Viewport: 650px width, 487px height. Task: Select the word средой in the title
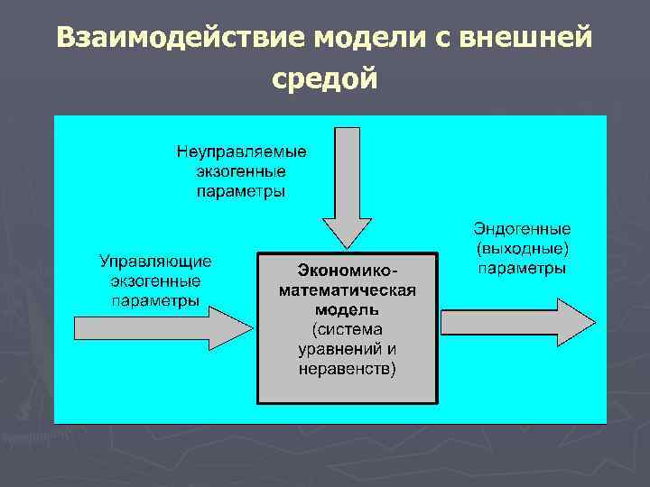(324, 80)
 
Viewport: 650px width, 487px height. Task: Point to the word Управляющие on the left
(155, 262)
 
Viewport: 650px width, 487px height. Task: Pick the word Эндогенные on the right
(523, 229)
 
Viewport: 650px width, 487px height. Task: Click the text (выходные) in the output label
(523, 249)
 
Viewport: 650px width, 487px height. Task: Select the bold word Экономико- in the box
(348, 271)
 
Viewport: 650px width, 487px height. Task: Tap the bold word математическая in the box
(348, 290)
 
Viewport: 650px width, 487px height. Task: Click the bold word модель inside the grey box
(348, 310)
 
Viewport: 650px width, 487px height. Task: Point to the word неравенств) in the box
(348, 369)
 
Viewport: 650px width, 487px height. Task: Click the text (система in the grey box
(348, 329)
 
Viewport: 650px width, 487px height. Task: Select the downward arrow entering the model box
(348, 189)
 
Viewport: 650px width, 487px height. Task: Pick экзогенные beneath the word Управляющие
(155, 281)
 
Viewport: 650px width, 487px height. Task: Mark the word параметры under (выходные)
(523, 269)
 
